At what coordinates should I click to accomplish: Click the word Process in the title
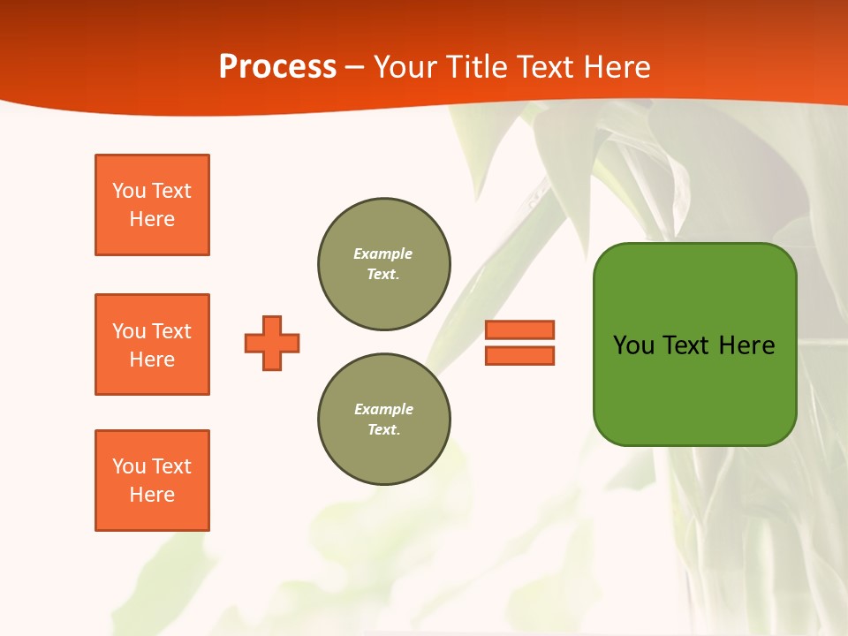pos(277,67)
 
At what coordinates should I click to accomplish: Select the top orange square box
pos(152,205)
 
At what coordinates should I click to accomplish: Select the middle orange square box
pos(152,344)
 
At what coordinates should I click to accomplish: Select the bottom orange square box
pos(152,481)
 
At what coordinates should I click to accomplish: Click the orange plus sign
pos(272,343)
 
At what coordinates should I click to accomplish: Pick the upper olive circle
pos(384,264)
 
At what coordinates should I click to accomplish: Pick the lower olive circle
pos(384,420)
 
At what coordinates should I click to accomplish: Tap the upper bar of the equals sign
pos(519,329)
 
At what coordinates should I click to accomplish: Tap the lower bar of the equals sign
pos(519,355)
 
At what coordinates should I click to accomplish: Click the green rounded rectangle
pos(694,389)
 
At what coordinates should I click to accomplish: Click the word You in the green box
pos(633,345)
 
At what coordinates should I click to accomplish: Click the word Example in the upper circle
pos(383,254)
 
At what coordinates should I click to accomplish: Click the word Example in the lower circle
pos(383,410)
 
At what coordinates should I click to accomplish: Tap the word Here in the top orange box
pos(152,219)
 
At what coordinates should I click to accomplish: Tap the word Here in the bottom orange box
pos(152,495)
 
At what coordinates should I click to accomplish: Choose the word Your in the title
pos(405,67)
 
